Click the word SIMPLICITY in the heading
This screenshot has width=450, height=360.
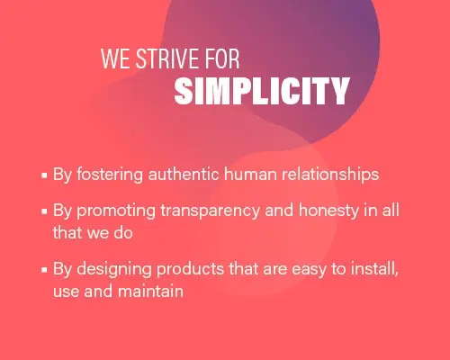[262, 91]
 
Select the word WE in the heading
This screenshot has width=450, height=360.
[116, 58]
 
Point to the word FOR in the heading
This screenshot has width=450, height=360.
[222, 58]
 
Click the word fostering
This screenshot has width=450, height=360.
[110, 175]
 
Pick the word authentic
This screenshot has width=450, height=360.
[184, 174]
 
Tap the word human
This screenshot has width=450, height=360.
[250, 175]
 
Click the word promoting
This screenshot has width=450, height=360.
[116, 211]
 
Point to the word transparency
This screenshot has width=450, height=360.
[210, 211]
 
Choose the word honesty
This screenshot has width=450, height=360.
[328, 211]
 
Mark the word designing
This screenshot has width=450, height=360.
[114, 269]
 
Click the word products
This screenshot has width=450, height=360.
[190, 269]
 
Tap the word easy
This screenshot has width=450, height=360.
[309, 270]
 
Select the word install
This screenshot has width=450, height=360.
[374, 269]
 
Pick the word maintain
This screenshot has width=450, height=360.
[150, 291]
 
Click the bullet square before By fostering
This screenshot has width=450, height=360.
[44, 175]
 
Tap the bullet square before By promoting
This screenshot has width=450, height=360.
[44, 211]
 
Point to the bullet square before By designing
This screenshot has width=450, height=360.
[44, 270]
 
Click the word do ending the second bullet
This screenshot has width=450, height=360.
[123, 232]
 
